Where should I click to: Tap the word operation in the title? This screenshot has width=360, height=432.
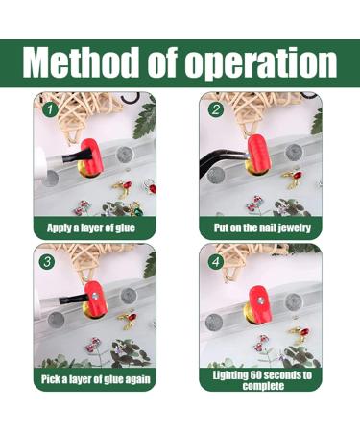[x=260, y=64]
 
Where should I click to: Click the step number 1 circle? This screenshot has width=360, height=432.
[x=50, y=109]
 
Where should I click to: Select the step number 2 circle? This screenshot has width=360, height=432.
[x=216, y=109]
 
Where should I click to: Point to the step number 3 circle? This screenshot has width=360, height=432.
[x=47, y=262]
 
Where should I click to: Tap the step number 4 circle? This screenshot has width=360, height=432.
[x=216, y=262]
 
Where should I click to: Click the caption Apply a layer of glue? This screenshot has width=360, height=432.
[x=91, y=228]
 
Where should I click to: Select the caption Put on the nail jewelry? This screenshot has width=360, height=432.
[x=262, y=228]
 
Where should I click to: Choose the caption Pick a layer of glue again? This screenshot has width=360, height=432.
[x=95, y=379]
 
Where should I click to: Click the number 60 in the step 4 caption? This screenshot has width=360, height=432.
[x=256, y=374]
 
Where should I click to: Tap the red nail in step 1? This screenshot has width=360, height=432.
[x=90, y=155]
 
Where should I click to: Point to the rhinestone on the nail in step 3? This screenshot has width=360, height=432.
[x=95, y=297]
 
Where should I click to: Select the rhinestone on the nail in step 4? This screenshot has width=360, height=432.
[x=261, y=300]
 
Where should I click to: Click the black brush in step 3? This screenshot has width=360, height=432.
[x=74, y=299]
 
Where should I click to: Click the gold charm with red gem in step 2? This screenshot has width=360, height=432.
[x=293, y=179]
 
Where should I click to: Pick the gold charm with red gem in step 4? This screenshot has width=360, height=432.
[x=300, y=333]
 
